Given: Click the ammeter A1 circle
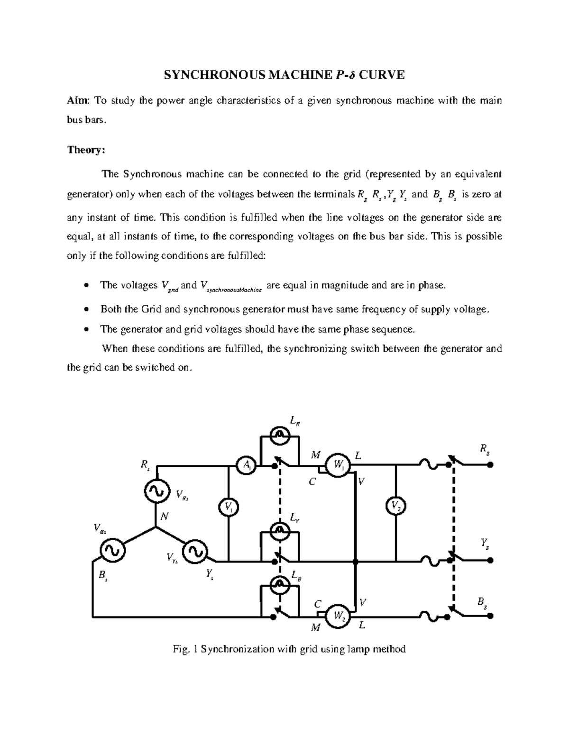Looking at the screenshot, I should click(x=247, y=465).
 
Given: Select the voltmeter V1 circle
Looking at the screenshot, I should click(x=229, y=508).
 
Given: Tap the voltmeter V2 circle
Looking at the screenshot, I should click(x=395, y=506).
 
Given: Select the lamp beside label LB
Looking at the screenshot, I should click(x=280, y=583).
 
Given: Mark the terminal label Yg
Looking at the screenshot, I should click(x=485, y=544).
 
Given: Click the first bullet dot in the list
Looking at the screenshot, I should click(x=85, y=285).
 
